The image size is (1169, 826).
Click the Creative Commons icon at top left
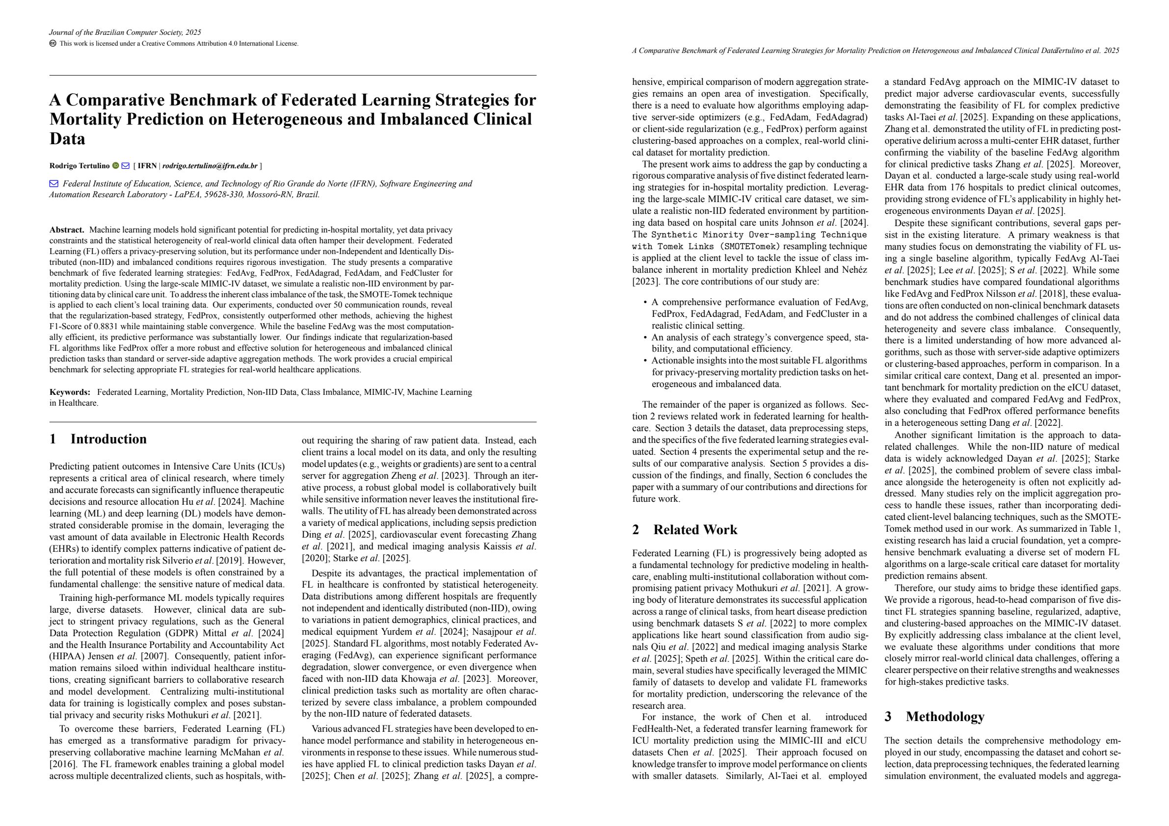tap(53, 43)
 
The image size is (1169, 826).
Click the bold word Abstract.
tap(66, 230)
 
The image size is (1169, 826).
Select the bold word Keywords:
tap(70, 392)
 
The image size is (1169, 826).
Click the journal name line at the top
tap(125, 32)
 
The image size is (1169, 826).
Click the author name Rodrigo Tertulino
tap(80, 166)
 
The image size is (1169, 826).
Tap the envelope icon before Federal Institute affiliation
tap(53, 184)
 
